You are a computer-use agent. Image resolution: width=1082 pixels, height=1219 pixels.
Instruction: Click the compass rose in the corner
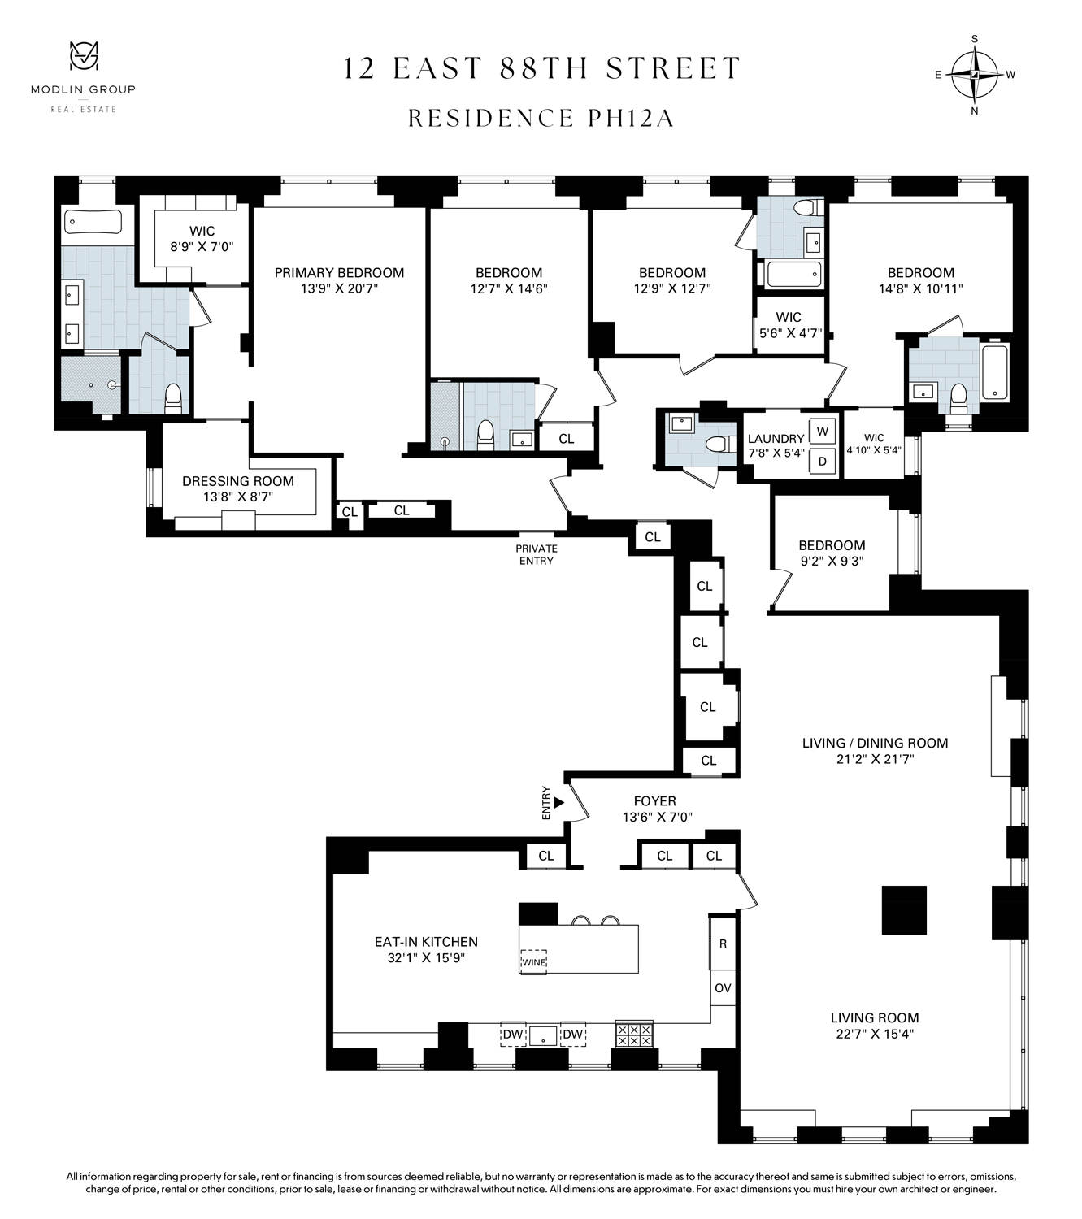pos(975,74)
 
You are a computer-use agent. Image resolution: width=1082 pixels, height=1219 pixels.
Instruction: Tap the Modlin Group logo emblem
pos(82,58)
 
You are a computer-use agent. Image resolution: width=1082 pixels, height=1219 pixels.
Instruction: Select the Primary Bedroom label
pos(339,273)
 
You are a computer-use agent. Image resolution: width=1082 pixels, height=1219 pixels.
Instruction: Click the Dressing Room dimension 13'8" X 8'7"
pos(238,497)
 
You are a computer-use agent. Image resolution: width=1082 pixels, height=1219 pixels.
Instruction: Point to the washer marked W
pos(822,431)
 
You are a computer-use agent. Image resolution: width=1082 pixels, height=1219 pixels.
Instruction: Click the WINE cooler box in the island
pos(533,962)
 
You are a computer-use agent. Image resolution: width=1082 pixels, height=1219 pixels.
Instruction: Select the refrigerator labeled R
pos(723,944)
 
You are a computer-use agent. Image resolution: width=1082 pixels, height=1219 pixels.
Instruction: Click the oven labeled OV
pos(723,988)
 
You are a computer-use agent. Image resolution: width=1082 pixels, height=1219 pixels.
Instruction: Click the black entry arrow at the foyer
pos(559,802)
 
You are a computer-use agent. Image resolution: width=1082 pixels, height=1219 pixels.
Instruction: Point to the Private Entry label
pos(536,555)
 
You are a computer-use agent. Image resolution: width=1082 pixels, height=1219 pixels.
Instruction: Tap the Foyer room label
pos(654,801)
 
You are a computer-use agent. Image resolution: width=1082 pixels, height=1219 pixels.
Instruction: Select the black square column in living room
pos(904,910)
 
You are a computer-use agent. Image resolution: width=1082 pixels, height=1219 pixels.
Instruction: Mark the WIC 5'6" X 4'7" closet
pos(789,324)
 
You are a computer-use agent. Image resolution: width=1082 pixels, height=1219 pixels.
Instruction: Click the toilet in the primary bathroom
pos(172,396)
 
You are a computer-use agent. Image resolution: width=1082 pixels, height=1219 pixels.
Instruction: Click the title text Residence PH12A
pos(541,119)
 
